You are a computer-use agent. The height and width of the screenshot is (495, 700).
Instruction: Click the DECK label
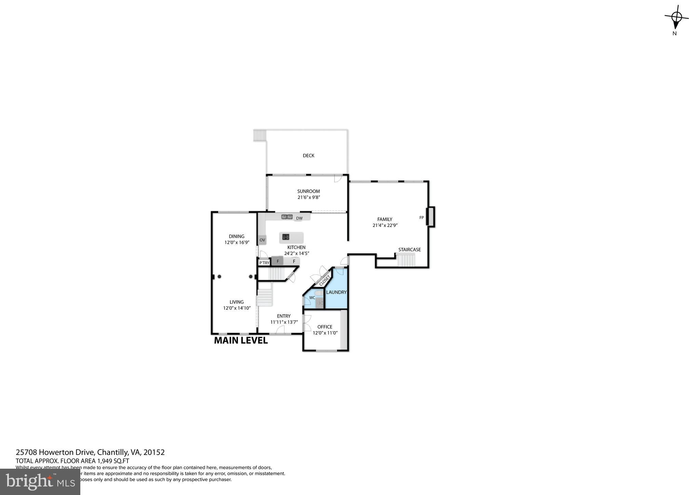tap(308, 156)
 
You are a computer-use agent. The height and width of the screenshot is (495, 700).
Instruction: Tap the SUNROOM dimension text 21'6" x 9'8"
tap(309, 197)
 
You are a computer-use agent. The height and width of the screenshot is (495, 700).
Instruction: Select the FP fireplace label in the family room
tap(421, 217)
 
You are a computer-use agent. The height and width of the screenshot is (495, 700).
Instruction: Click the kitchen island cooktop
tap(286, 237)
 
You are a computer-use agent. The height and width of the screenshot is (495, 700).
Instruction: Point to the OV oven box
tap(262, 240)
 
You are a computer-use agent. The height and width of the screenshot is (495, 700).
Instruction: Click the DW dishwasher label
tap(299, 218)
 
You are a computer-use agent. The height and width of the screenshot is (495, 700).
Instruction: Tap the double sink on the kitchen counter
tap(287, 216)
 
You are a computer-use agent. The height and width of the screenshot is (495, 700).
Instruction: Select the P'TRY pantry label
tap(264, 263)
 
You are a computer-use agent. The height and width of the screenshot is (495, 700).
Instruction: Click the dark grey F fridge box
tap(277, 261)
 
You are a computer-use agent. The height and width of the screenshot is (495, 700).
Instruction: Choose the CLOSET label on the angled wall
tap(324, 281)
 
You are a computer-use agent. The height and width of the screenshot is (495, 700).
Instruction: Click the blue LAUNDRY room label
tap(336, 292)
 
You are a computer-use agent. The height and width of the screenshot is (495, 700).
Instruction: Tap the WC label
tap(312, 298)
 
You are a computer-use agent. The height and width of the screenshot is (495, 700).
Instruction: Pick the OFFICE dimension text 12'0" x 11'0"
tap(325, 333)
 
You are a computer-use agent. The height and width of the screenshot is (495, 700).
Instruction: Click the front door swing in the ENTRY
tap(280, 330)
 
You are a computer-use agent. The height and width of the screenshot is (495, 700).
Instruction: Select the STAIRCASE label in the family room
tap(409, 250)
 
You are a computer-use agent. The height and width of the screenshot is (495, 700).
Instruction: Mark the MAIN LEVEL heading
tap(241, 340)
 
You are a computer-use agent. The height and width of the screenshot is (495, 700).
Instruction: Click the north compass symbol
tap(676, 17)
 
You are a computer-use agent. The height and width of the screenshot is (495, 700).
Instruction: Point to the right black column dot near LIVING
tap(251, 277)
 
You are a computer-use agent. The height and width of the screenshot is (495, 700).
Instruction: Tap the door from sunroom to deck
tap(338, 178)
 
